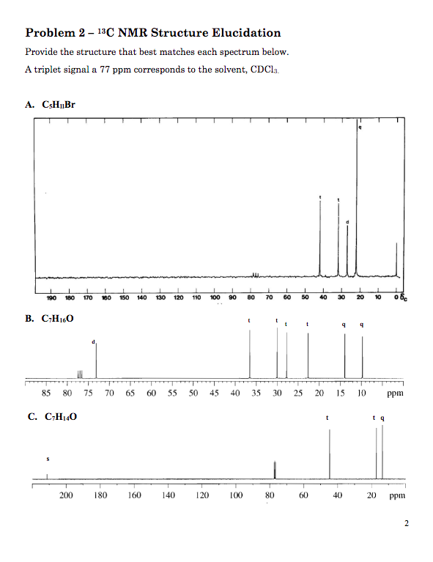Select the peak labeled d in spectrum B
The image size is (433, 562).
pos(96,359)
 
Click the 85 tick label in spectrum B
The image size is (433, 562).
pos(46,393)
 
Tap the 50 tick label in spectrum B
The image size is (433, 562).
pos(193,393)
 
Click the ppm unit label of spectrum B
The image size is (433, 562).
pos(395,393)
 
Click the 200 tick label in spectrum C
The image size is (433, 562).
pos(66,495)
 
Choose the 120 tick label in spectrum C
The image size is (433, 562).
pos(202,495)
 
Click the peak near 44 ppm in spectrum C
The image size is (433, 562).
pos(330,454)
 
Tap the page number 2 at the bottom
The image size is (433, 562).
pos(404,523)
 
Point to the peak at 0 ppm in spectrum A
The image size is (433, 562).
pos(396,260)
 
